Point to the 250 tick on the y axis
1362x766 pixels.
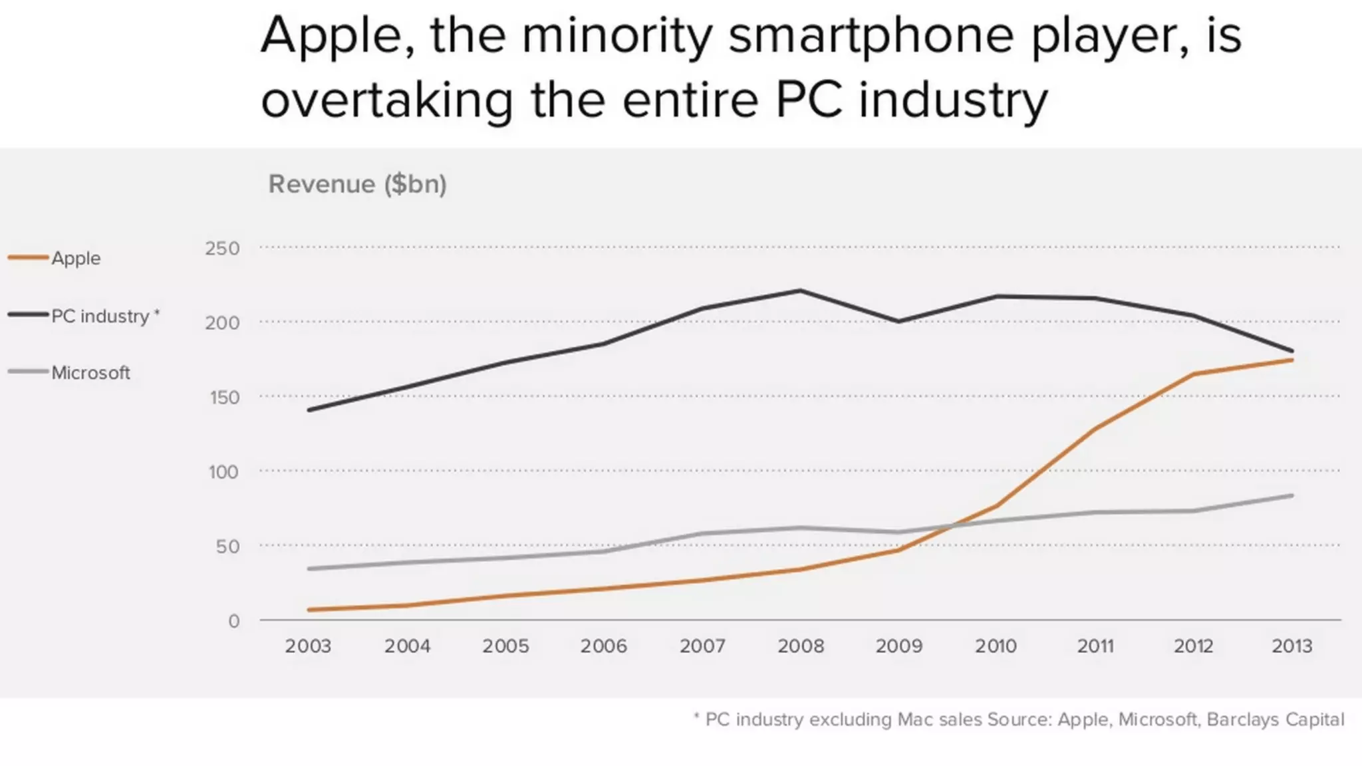(222, 249)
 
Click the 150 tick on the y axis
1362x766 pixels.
(224, 398)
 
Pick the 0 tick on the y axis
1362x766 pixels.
(233, 621)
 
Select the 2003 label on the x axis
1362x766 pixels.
(308, 646)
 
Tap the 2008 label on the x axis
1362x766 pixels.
(801, 646)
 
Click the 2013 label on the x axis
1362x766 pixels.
(1292, 646)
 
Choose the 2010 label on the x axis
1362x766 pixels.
(996, 646)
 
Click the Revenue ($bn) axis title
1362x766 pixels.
(357, 184)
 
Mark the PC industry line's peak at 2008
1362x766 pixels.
(800, 291)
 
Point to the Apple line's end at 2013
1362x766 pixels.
(1292, 360)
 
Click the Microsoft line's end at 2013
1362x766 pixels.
(1292, 495)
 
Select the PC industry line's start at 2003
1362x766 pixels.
(309, 410)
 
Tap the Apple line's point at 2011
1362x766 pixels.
(1095, 428)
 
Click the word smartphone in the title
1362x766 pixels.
(872, 37)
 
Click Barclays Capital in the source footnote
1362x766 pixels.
(1275, 719)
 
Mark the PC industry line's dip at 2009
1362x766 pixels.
(899, 321)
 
